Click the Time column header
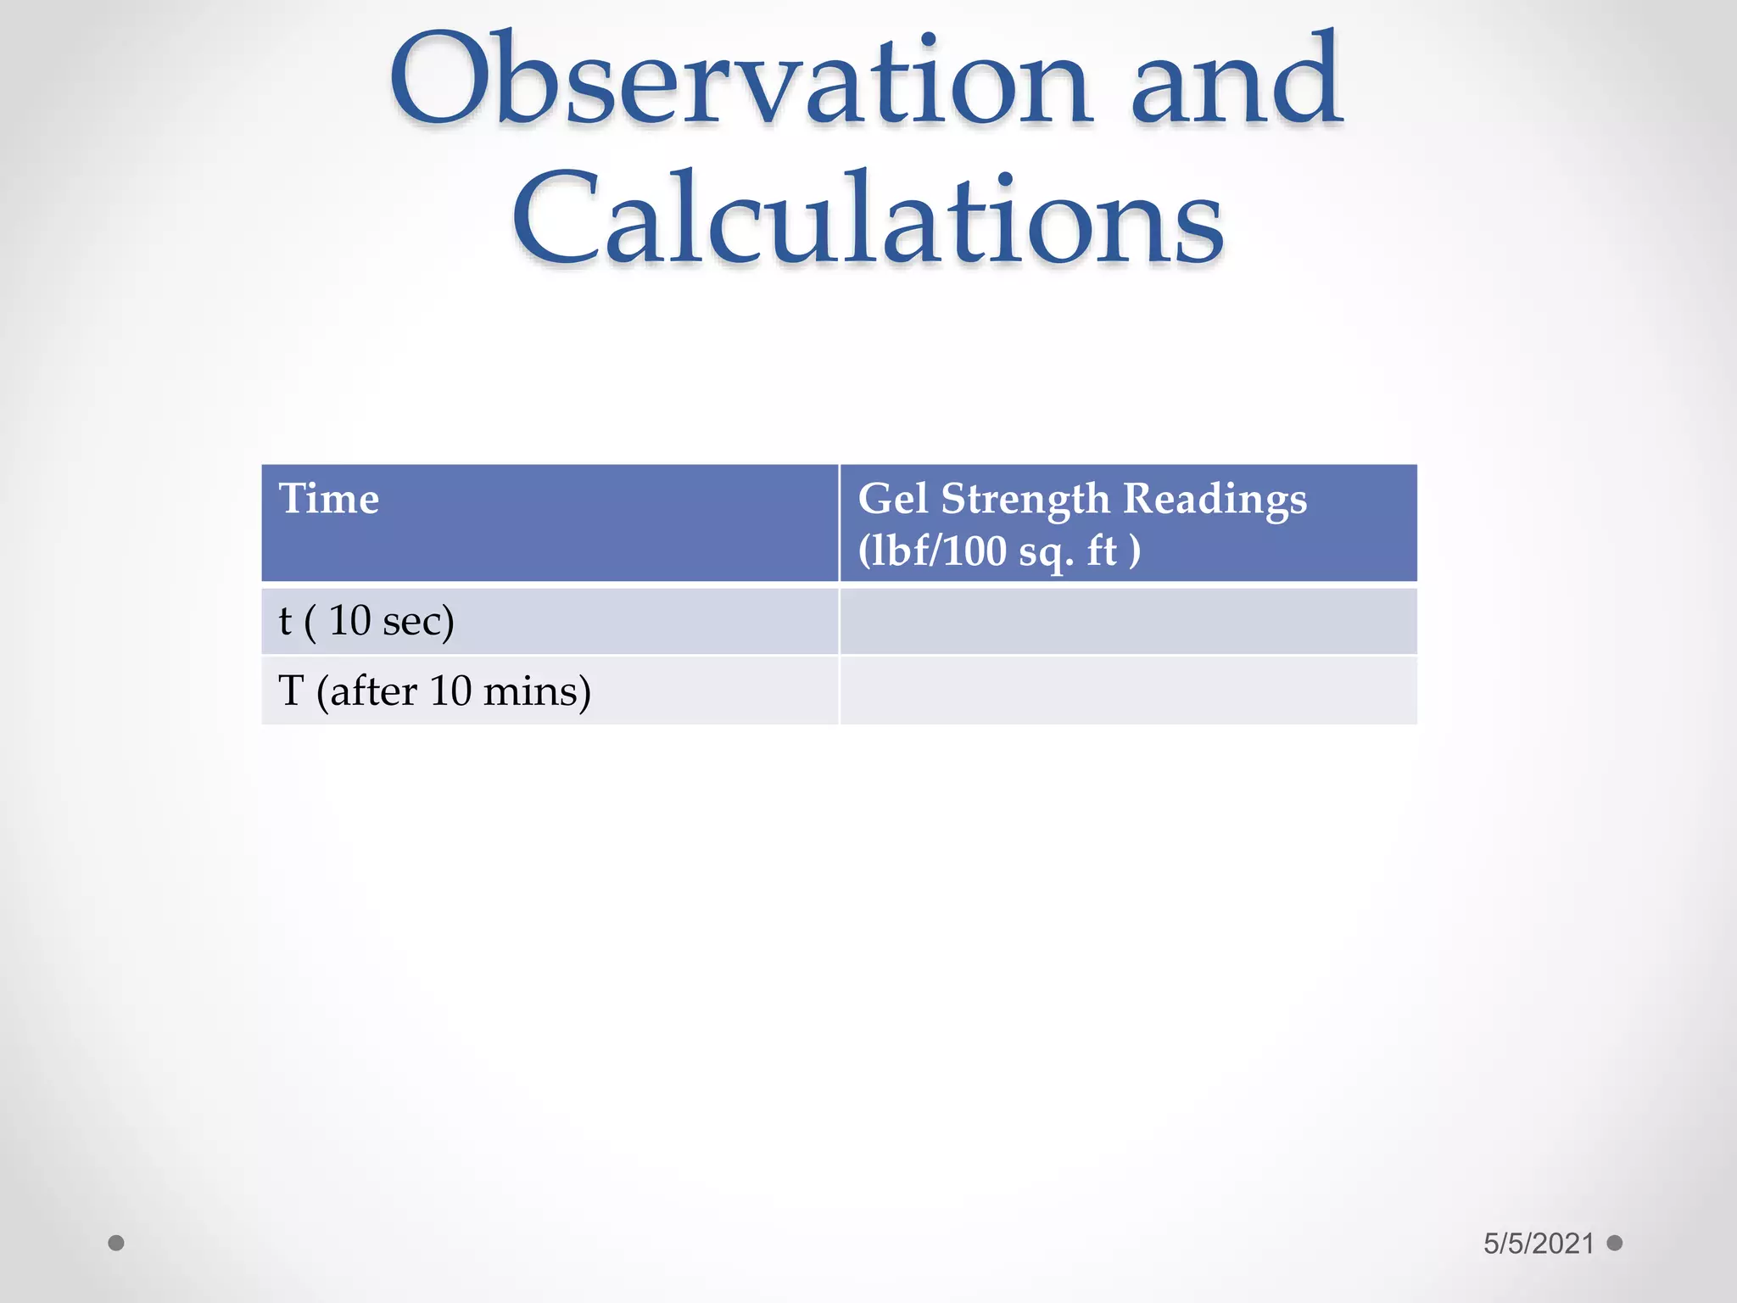tap(329, 498)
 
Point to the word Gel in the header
tap(893, 498)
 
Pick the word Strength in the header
tap(1025, 500)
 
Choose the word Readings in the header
tap(1215, 500)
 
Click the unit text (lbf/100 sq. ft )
tap(999, 551)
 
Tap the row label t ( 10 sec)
tap(366, 621)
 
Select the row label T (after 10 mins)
tap(434, 691)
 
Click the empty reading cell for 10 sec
tap(1128, 621)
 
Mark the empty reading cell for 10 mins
tap(1128, 691)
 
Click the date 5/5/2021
tap(1539, 1244)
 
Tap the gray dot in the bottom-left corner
tap(116, 1243)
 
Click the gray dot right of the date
tap(1615, 1243)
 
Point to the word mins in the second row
tap(536, 691)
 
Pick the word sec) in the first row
tap(418, 621)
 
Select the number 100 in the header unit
tap(975, 551)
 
